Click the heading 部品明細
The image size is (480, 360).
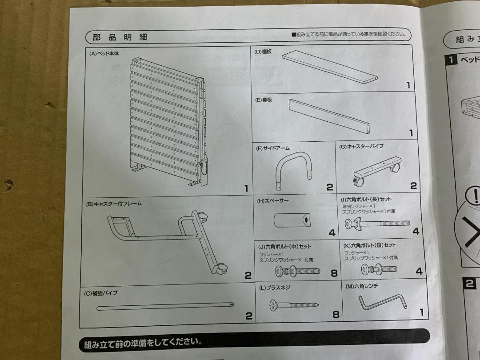pyautogui.click(x=120, y=37)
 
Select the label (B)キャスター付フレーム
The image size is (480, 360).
pyautogui.click(x=114, y=204)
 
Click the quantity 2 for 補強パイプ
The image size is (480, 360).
pyautogui.click(x=249, y=316)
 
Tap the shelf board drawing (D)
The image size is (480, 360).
pyautogui.click(x=330, y=66)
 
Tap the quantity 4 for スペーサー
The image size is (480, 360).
pyautogui.click(x=332, y=232)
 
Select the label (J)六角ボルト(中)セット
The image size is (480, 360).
pyautogui.click(x=285, y=246)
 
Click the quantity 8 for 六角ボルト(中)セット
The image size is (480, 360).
pyautogui.click(x=334, y=273)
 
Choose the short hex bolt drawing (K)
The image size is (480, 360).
pyautogui.click(x=379, y=269)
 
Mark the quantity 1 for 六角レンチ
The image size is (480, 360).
pyautogui.click(x=422, y=312)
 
